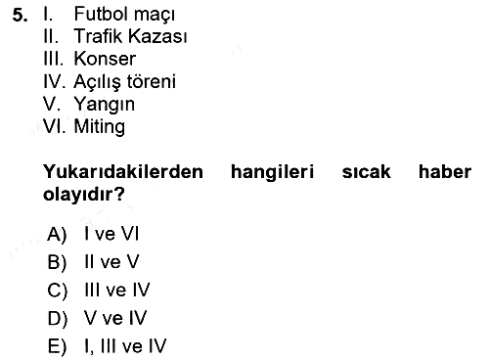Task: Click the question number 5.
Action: click(20, 15)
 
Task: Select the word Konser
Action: click(105, 59)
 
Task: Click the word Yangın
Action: click(105, 105)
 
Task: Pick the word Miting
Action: click(100, 127)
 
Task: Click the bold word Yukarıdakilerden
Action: click(123, 172)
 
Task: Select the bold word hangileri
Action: click(272, 172)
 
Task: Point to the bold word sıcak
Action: click(366, 172)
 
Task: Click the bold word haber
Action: click(445, 172)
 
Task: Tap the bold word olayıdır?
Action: click(84, 195)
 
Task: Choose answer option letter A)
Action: click(57, 234)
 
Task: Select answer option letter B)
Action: click(57, 262)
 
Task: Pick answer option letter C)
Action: click(58, 291)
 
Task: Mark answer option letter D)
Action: click(58, 319)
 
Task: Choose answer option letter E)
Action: click(57, 346)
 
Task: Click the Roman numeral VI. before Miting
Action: click(54, 126)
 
